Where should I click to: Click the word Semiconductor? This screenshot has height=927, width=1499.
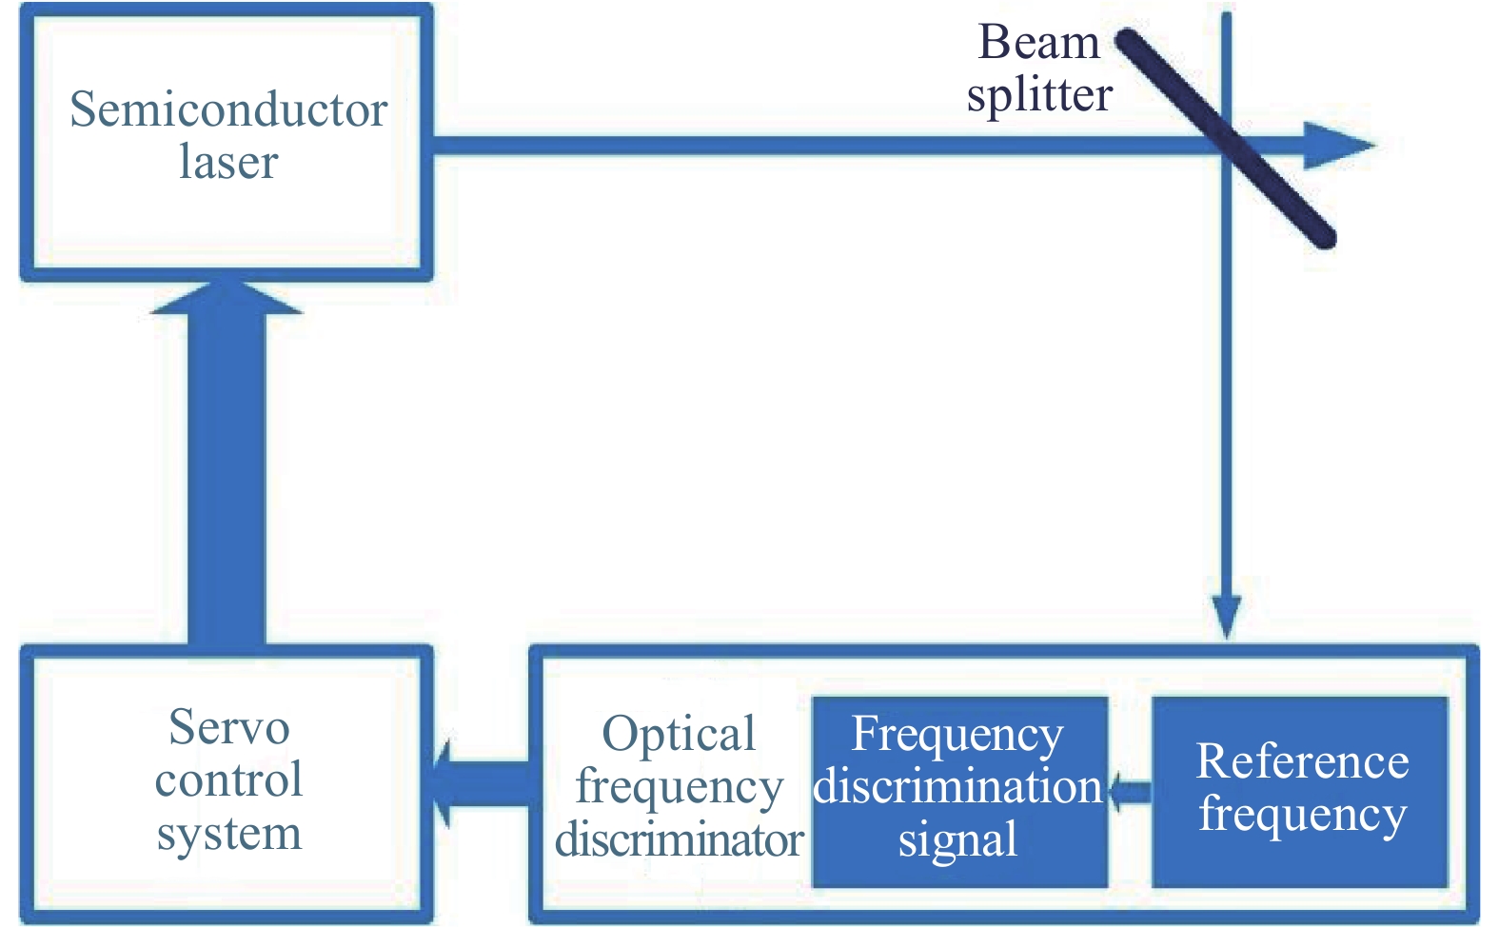(x=228, y=109)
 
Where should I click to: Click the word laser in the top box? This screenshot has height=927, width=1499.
(x=228, y=162)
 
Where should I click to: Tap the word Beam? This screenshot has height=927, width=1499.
(x=1038, y=43)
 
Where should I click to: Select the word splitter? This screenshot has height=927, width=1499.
(x=1039, y=95)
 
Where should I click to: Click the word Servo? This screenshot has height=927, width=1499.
(x=228, y=728)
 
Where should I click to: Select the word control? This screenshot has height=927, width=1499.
(x=228, y=780)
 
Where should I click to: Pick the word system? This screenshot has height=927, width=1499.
(x=228, y=834)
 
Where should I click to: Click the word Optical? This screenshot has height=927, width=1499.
(x=679, y=735)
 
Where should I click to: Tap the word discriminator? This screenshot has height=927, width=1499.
(x=679, y=840)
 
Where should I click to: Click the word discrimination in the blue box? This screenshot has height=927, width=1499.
(x=957, y=787)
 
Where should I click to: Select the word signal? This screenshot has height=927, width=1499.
(x=957, y=840)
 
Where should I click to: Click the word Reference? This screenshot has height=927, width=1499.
(x=1302, y=761)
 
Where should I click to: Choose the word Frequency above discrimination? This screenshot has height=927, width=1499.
(x=957, y=734)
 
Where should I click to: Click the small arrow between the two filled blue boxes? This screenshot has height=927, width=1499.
(x=1129, y=791)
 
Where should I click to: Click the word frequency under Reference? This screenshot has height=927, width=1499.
(x=1302, y=815)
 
